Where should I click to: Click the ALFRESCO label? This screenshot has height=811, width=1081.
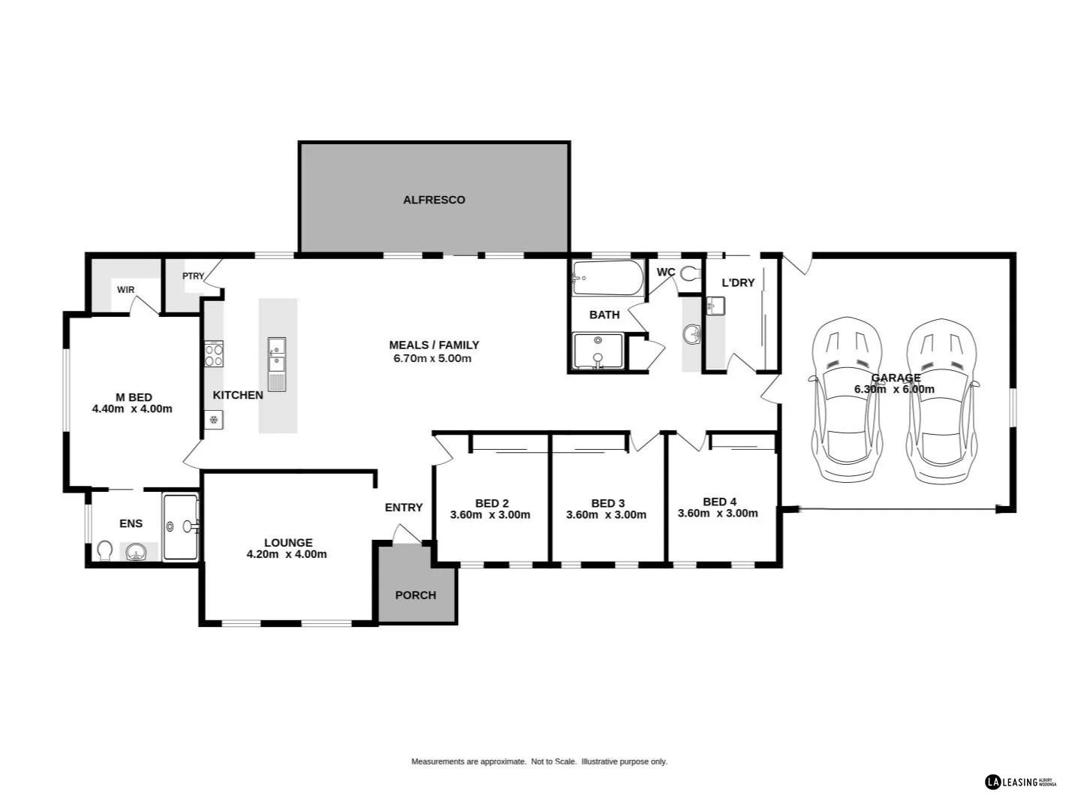coord(434,200)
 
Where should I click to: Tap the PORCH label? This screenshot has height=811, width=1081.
coord(415,595)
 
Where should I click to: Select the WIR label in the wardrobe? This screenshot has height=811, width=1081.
coord(125,290)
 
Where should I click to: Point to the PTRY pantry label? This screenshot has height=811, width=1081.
coord(193,276)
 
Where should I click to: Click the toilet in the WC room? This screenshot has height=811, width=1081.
coord(690,274)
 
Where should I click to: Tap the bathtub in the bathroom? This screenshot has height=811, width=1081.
coord(607,279)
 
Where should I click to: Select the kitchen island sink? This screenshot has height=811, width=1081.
coord(277,355)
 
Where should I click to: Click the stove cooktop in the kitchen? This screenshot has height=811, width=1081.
coord(214,353)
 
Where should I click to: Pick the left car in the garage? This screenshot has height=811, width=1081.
coord(846,399)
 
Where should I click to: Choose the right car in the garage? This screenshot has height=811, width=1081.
coord(941,399)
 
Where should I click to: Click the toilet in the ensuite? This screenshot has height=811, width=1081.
coord(104,551)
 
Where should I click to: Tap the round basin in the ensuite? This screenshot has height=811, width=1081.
coord(136,553)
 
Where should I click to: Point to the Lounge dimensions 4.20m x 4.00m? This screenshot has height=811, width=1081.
coord(287,555)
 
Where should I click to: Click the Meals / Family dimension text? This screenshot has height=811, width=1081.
coord(432,358)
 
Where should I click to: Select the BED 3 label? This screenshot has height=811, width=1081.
coord(607,503)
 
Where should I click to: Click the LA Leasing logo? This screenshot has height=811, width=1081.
coord(1020,782)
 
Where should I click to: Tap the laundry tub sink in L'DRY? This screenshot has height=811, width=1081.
coord(715,306)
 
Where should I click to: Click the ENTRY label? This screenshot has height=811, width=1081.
coord(404,508)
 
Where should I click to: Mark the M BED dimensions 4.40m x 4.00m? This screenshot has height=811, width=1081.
coord(132,409)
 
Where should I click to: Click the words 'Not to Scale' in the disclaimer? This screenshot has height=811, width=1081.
coord(553,761)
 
